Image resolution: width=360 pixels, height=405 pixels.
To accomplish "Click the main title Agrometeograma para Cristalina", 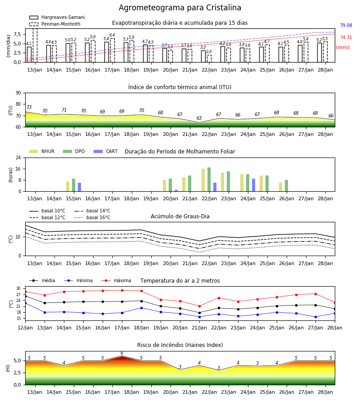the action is coord(180,8).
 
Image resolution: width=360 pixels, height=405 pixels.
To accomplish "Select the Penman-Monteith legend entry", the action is coord(55,24).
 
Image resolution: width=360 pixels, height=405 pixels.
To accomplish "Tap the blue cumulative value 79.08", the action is coord(346,25).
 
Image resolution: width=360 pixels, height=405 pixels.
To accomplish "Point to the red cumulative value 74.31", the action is coord(346,37).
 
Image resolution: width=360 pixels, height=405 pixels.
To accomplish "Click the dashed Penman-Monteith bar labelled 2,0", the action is coord(209,58).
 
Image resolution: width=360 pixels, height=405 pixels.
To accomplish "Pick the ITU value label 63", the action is coord(199,118).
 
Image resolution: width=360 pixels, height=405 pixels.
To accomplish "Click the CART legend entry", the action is coord(106,151).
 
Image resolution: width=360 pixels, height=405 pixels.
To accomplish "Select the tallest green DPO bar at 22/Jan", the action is coord(209,180).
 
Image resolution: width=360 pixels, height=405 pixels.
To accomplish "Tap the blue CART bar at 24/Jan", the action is coord(254,185).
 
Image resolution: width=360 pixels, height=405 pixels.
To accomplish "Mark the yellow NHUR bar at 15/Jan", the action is coord(67,186).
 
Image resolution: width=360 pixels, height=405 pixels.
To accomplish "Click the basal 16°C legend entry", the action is coord(92,217).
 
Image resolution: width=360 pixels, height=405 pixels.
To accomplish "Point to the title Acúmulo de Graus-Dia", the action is coord(180,216).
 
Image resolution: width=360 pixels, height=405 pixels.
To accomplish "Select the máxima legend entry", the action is coord(116,280).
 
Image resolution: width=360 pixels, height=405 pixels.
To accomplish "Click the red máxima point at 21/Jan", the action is coord(199,306).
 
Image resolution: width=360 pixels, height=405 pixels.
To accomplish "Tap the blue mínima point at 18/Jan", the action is coord(141,308).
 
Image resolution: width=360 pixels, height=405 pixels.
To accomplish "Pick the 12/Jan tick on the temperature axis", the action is coord(25,328).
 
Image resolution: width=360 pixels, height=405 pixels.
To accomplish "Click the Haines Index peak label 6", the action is coord(122,353).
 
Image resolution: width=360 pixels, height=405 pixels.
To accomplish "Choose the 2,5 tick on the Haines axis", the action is coord(17,373).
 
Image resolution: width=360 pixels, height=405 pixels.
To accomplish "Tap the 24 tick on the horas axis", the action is coord(18,157).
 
